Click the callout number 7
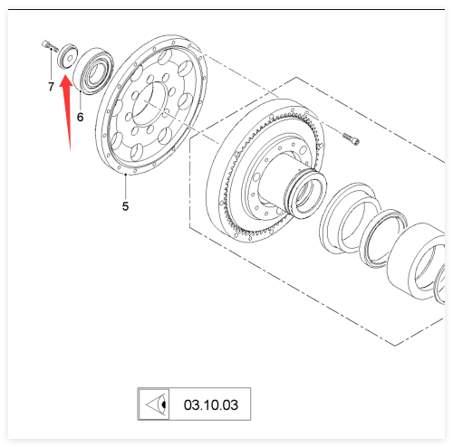pos(51,87)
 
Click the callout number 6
pos(80,117)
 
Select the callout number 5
pos(125,206)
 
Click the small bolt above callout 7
pos(50,46)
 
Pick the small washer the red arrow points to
pos(67,56)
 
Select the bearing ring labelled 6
pos(93,71)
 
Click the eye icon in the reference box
pos(157,404)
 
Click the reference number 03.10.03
pos(211,404)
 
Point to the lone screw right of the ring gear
pos(351,138)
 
